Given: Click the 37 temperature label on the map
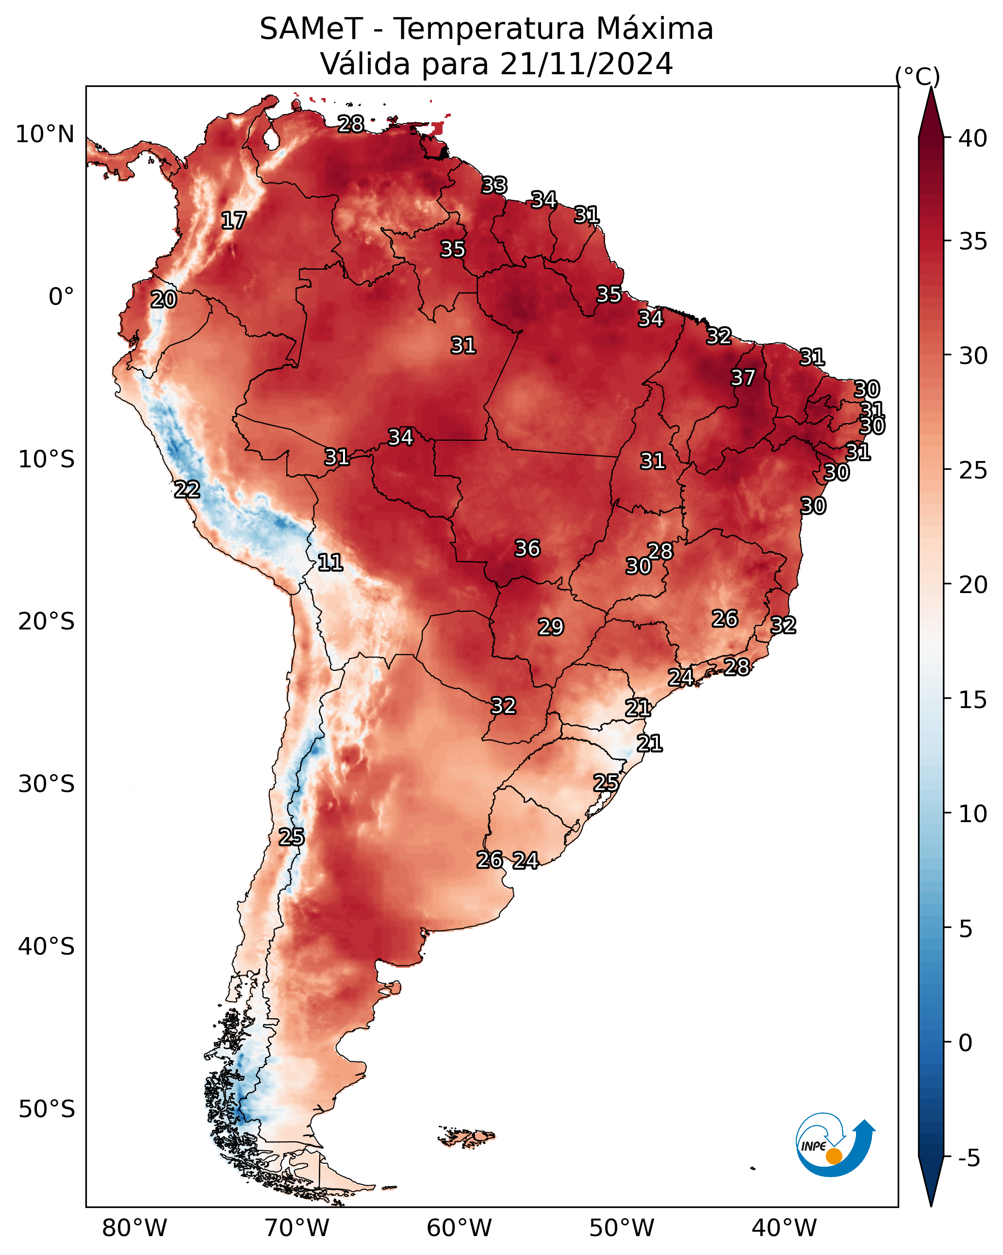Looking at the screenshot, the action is point(743,378).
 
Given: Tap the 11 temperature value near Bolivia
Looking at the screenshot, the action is point(330,562).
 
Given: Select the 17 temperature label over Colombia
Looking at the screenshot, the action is point(234,221).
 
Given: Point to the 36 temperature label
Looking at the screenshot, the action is point(527,548).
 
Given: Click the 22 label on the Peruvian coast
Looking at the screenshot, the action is point(187,490).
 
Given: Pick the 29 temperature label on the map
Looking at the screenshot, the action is point(551,627).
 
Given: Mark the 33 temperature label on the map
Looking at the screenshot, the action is point(494,185).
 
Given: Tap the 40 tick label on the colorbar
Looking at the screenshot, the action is point(973,138).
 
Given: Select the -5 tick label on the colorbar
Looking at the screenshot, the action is point(969,1158).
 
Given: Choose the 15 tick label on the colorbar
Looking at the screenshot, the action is point(973,700).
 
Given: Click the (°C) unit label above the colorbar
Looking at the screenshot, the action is point(918,76).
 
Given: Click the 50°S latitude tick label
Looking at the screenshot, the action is point(47,1109).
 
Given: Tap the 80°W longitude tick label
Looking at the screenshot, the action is point(134,1228).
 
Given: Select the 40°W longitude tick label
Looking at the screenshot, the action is point(784,1228).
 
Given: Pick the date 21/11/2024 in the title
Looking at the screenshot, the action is point(586,64).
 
